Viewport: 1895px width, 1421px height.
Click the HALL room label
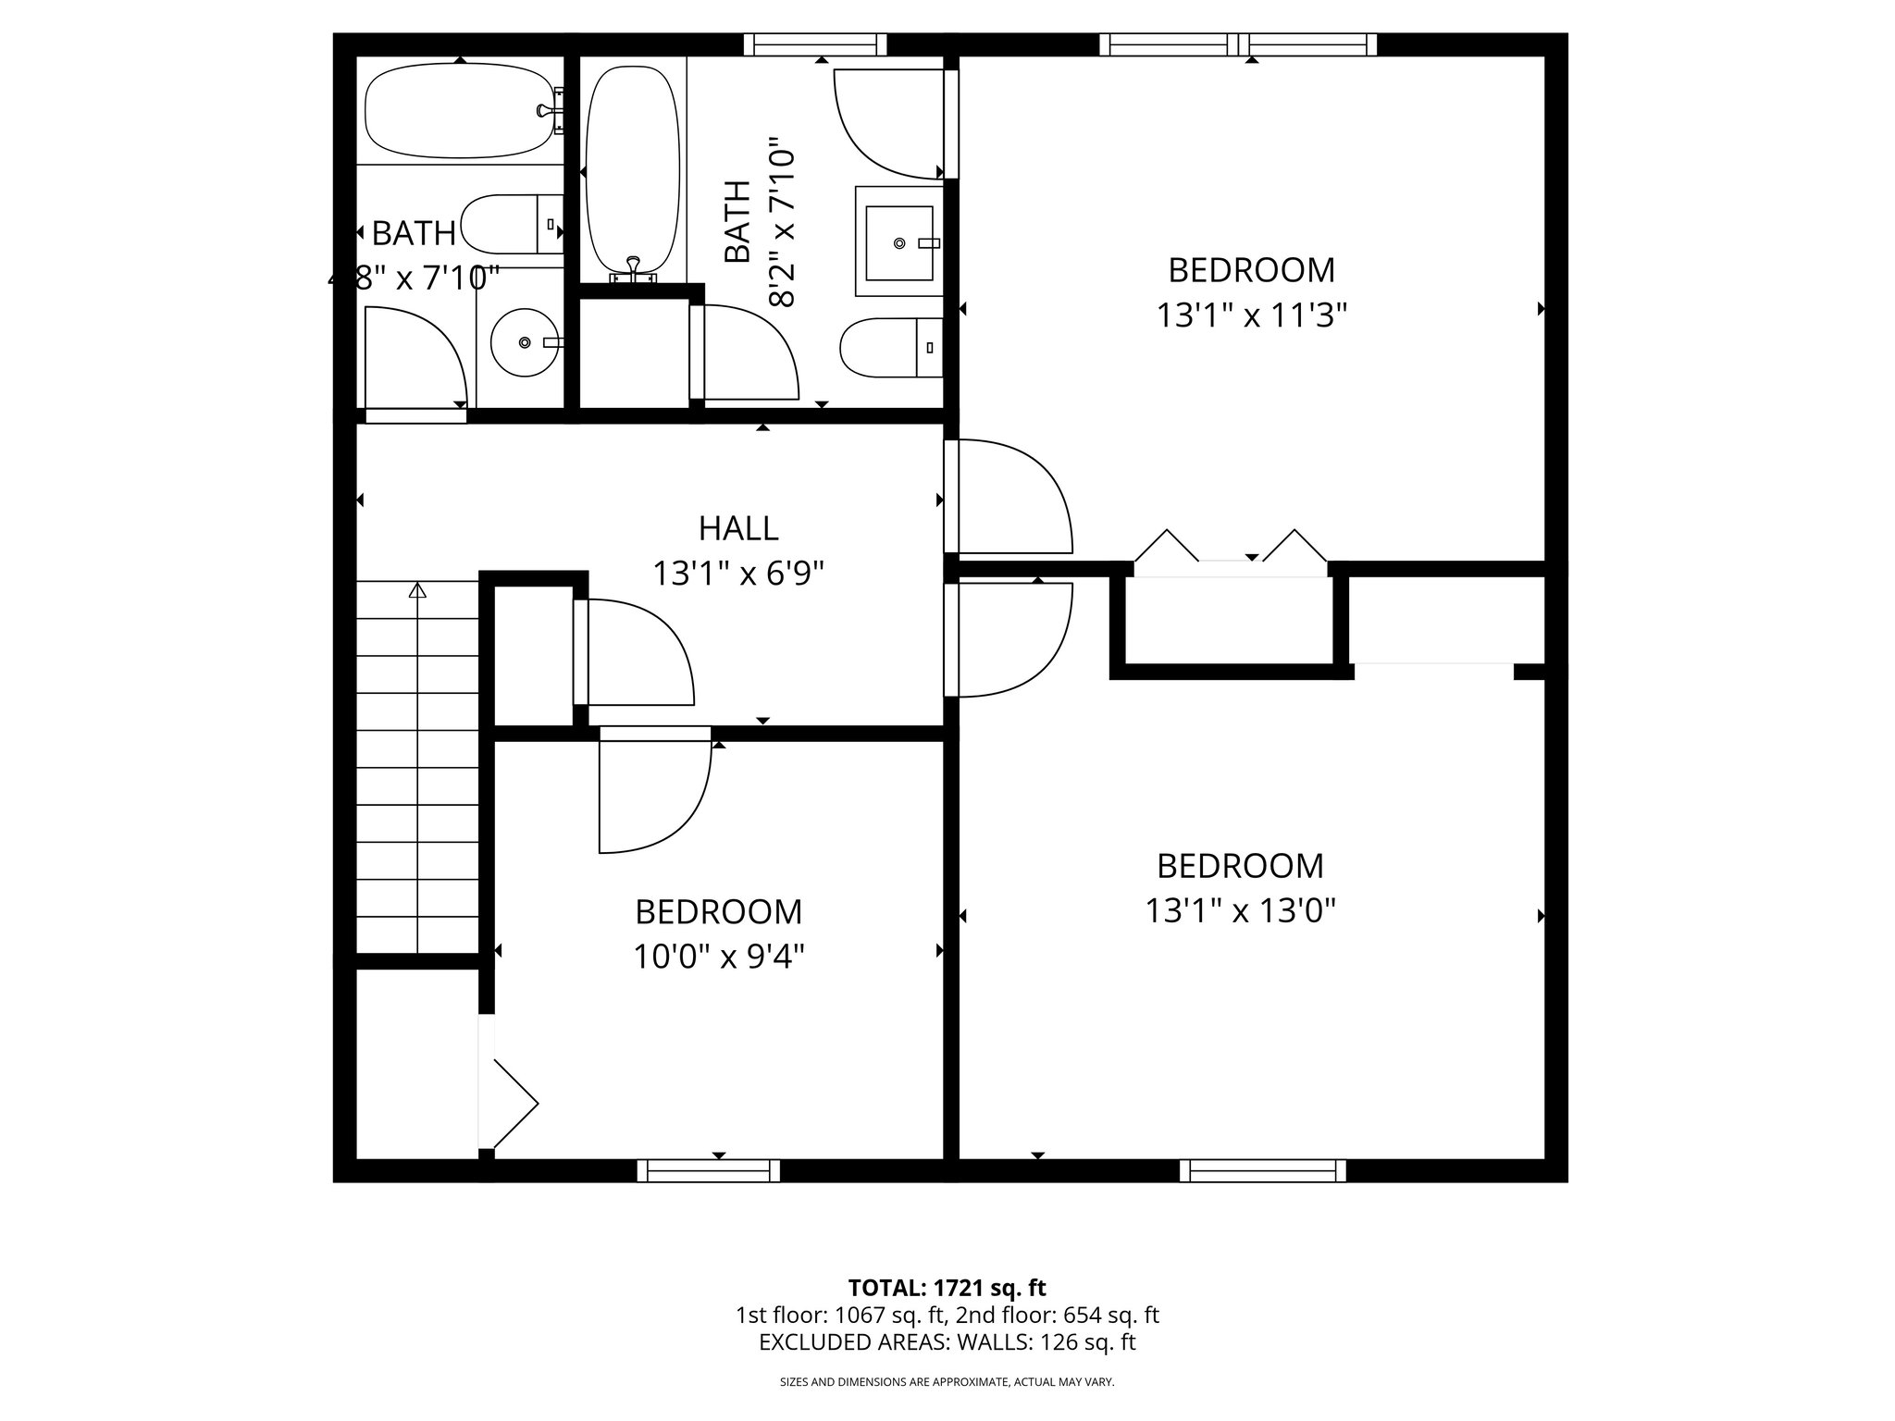coord(737,528)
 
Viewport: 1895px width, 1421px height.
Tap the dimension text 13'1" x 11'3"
coord(1251,316)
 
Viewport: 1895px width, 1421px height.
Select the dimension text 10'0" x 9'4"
coord(718,957)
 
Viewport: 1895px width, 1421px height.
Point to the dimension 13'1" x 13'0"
coord(1240,912)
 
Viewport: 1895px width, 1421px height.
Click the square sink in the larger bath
coord(899,242)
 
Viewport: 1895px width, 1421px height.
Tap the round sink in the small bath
coord(525,342)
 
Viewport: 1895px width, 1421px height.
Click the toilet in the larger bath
coord(888,348)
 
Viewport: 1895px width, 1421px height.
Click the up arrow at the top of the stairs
coord(418,589)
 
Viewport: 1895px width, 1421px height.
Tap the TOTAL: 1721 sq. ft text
coord(947,1287)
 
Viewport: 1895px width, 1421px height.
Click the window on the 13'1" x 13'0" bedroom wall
coord(1262,1171)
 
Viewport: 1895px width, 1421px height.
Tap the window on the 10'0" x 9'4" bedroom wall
coord(709,1171)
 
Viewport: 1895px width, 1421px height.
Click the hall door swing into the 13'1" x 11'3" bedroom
coord(1013,497)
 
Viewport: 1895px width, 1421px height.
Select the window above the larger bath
coord(815,44)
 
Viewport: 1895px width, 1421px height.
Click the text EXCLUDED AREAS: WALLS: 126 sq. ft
coord(947,1342)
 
